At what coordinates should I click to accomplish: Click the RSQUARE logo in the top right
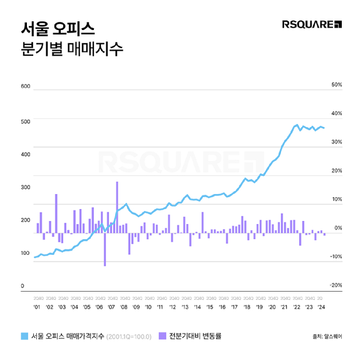311,25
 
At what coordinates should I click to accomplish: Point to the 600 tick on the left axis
26,86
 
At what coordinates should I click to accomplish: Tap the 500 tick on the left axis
26,121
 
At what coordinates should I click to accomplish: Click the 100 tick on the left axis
26,253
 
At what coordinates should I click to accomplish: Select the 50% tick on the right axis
336,85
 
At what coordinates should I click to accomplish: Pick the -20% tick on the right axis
335,285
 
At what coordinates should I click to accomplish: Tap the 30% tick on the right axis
336,142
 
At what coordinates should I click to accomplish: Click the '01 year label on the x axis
37,307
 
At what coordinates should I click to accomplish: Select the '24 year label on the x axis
321,307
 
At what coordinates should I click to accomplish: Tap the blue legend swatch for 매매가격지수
25,336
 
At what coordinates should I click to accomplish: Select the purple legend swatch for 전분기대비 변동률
163,336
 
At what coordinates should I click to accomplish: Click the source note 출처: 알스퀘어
326,337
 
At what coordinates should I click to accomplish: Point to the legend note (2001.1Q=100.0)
128,337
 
